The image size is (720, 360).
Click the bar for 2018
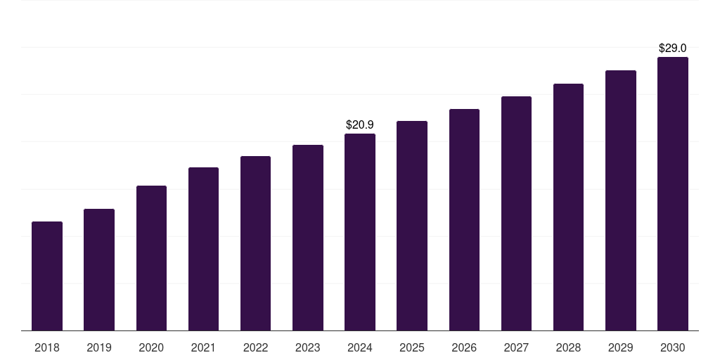coord(47,276)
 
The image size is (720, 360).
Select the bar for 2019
coord(99,270)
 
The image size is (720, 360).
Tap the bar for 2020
coord(151,258)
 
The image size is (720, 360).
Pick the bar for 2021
coord(203,249)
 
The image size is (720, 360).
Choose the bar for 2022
coord(255,243)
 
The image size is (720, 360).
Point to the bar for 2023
coord(308,238)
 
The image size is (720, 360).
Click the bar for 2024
coord(360,232)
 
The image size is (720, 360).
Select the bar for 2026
coord(464,220)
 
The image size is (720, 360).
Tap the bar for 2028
coord(568,207)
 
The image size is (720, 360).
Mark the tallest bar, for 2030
coord(673,194)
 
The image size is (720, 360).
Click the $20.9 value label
coord(360,124)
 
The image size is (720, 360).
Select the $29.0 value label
coord(673,49)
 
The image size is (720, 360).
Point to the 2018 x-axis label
coord(47,347)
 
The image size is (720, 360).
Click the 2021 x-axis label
coord(203,347)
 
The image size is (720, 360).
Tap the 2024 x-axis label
coord(360,347)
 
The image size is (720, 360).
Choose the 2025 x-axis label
coord(412,347)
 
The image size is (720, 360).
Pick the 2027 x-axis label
coord(516,347)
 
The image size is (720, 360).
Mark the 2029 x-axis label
coord(621,347)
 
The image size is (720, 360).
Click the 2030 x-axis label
coord(673,347)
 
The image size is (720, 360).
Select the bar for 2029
coord(621,200)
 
